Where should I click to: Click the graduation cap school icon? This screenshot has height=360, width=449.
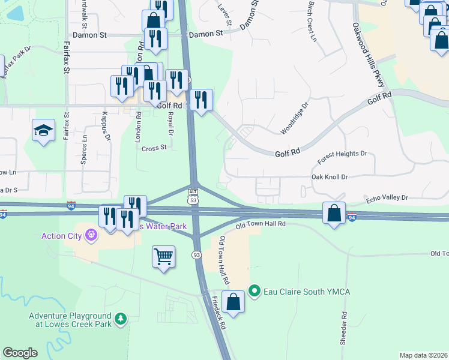tap(44, 131)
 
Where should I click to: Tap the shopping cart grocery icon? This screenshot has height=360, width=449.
tap(163, 257)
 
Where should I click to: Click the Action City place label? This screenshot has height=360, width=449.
tap(61, 235)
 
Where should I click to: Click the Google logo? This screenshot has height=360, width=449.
tap(20, 353)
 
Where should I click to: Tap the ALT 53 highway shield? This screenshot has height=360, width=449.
tap(193, 196)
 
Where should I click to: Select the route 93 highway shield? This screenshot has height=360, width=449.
tap(196, 255)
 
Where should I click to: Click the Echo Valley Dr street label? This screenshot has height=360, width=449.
tap(387, 197)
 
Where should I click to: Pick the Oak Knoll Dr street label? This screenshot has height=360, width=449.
tap(330, 177)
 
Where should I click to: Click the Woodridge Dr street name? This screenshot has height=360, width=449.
tap(294, 118)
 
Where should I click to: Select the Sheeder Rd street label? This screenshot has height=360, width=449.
tap(343, 328)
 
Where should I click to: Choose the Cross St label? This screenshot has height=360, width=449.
tap(154, 147)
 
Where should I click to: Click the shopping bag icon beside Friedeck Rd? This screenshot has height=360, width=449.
tap(233, 302)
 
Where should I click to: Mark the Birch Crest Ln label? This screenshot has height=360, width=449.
tap(311, 21)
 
